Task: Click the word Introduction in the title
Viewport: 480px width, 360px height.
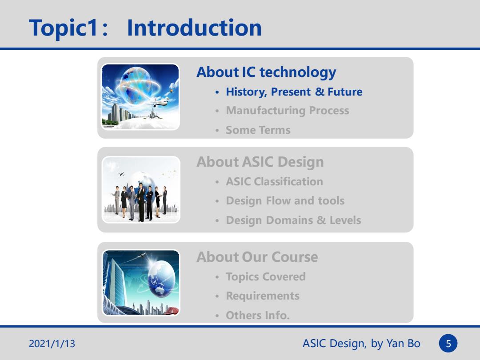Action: click(194, 28)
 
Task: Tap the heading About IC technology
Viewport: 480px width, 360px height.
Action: click(266, 72)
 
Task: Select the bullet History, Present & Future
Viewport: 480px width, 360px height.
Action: click(294, 92)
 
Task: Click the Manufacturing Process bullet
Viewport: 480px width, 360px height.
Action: click(288, 111)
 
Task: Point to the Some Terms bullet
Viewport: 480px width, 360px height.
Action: click(258, 130)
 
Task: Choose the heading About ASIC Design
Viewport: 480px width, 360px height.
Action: click(260, 162)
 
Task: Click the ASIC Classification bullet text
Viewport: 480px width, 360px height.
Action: click(274, 181)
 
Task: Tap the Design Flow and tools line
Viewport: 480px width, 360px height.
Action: click(285, 201)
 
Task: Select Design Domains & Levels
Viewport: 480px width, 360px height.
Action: click(293, 220)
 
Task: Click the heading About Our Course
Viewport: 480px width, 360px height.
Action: click(257, 257)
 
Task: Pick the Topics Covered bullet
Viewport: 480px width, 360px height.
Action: click(266, 277)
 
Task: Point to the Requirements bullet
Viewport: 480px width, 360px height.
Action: click(263, 296)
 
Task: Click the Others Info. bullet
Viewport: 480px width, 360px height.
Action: click(257, 315)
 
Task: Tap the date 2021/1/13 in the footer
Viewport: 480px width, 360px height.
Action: click(52, 344)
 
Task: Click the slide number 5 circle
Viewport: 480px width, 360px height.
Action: click(448, 343)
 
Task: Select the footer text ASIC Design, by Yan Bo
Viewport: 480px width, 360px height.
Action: click(361, 344)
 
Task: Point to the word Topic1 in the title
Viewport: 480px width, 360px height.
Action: click(64, 28)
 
